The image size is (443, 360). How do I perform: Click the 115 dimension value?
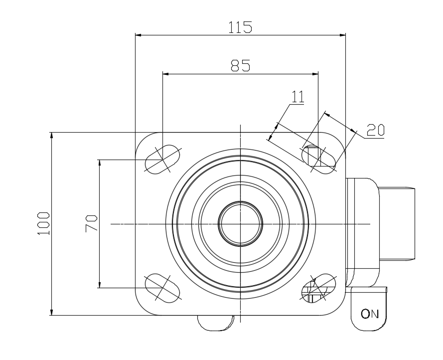coord(240,27)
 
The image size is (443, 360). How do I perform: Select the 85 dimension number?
coord(240,65)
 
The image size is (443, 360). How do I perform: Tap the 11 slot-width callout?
coord(298,97)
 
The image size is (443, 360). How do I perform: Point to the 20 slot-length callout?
coord(375,130)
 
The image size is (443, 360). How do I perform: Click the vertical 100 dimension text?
coord(43,223)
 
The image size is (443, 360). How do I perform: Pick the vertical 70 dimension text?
coord(91,223)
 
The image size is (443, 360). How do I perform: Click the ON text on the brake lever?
coord(370,314)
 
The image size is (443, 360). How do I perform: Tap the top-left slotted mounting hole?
coord(162,160)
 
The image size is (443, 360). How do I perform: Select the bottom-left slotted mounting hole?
coord(162,288)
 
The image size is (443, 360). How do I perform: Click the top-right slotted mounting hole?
coord(319,160)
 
